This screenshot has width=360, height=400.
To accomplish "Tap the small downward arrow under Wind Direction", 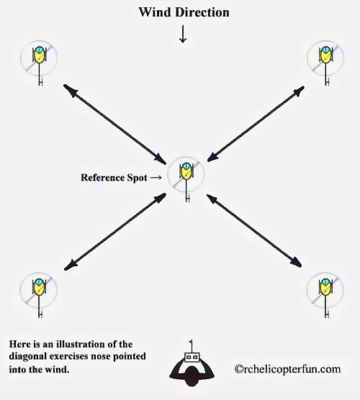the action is pyautogui.click(x=183, y=33).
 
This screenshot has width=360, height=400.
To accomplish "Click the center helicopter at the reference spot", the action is pyautogui.click(x=186, y=178).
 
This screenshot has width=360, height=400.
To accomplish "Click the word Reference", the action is pyautogui.click(x=100, y=178).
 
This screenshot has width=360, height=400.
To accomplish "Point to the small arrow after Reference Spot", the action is pyautogui.click(x=156, y=178).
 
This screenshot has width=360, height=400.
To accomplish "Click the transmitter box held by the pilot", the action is pyautogui.click(x=192, y=357).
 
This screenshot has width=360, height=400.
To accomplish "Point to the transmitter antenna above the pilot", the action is pyautogui.click(x=192, y=346).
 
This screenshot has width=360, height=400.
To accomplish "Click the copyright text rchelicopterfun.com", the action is pyautogui.click(x=287, y=369).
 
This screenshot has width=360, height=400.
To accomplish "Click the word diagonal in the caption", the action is pyautogui.click(x=26, y=356).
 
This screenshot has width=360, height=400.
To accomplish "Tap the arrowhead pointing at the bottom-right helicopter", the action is pyautogui.click(x=296, y=262).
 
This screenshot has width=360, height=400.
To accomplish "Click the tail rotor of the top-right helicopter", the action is pyautogui.click(x=327, y=82).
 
